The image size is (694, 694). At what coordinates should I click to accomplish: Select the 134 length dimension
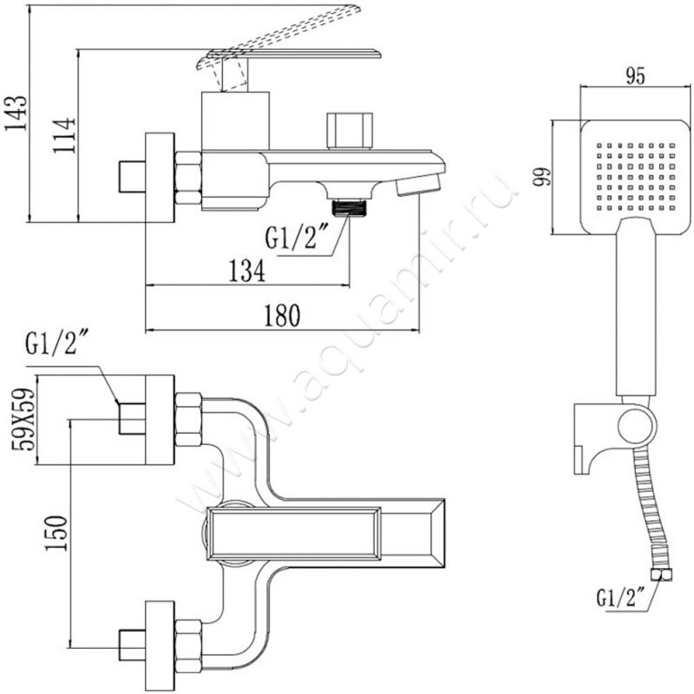pyautogui.click(x=246, y=271)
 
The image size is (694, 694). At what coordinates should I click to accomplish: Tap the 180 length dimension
pyautogui.click(x=282, y=316)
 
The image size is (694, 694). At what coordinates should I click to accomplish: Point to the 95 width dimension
pyautogui.click(x=635, y=76)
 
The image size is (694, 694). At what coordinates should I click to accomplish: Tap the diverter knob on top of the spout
pyautogui.click(x=349, y=130)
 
